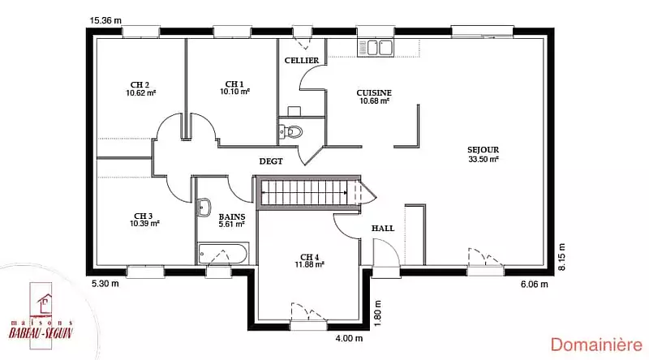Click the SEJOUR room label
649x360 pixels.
(483, 150)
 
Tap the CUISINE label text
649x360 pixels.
(374, 92)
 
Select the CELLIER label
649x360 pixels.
(302, 61)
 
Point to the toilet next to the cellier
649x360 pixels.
(291, 131)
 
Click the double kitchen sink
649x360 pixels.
(375, 48)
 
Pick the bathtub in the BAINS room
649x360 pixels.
(223, 253)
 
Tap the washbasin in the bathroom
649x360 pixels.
(204, 207)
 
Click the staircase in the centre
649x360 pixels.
(309, 192)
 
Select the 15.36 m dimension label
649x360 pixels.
(106, 20)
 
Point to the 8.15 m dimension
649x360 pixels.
(561, 257)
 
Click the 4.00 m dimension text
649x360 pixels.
(349, 338)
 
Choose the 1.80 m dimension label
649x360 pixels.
(376, 313)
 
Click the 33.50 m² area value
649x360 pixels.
(484, 159)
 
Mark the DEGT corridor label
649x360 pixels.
(271, 161)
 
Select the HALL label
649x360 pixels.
(383, 228)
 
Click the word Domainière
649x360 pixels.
(596, 345)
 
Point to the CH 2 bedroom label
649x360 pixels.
(140, 85)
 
